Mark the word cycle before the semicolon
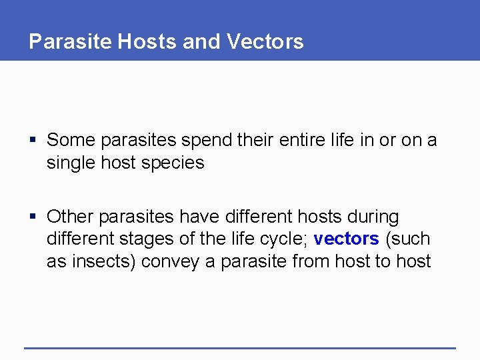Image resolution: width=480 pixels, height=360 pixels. [x=284, y=239]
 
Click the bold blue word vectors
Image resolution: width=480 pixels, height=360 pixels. [x=346, y=239]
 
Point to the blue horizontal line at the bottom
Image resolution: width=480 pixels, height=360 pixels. [x=239, y=347]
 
